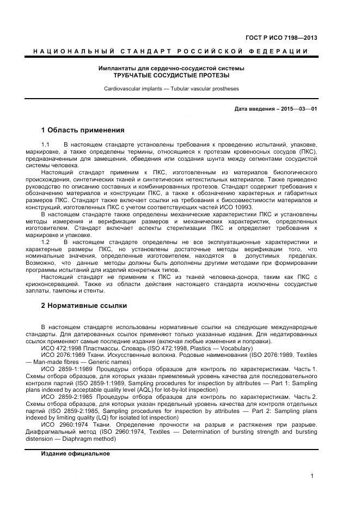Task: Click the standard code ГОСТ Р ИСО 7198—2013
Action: (x=289, y=38)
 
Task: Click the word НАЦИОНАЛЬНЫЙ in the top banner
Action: (x=74, y=51)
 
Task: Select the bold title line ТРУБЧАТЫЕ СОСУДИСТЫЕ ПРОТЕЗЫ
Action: (x=171, y=75)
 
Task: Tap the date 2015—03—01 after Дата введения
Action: (x=298, y=109)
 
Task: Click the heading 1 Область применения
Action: (x=83, y=130)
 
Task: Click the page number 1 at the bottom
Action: (x=312, y=476)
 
